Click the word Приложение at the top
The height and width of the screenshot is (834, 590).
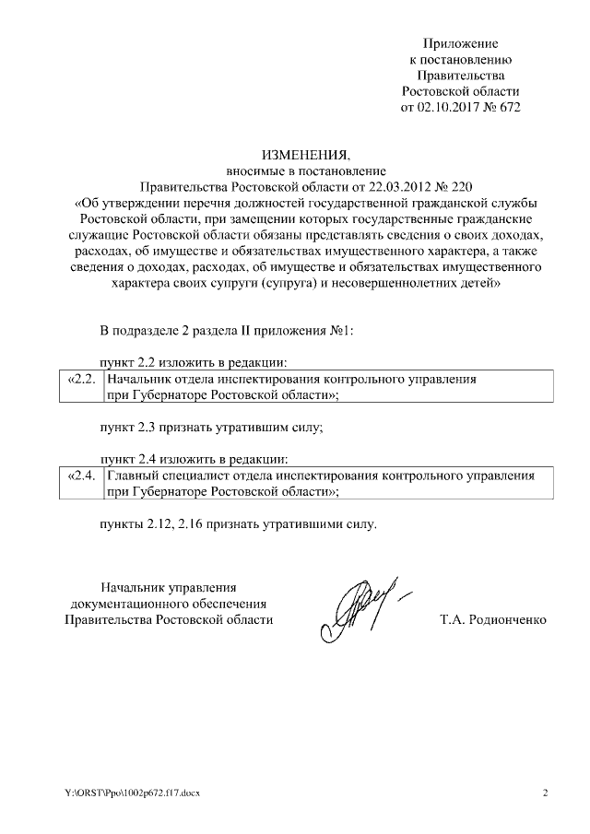(x=460, y=43)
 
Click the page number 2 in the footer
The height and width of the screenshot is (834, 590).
(x=545, y=793)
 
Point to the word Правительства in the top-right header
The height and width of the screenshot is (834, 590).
(x=460, y=76)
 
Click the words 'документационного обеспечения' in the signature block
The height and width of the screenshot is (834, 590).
(x=169, y=604)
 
